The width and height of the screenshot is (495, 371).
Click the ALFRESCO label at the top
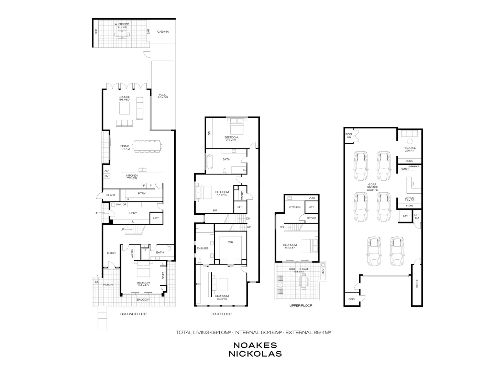[122, 24]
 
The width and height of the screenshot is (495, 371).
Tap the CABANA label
[163, 32]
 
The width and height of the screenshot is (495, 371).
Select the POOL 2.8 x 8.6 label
[163, 96]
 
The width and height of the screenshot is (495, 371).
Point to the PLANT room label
[111, 195]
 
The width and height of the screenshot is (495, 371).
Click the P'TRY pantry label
[142, 193]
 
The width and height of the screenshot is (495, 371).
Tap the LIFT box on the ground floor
[156, 218]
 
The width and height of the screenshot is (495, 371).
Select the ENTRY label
[111, 253]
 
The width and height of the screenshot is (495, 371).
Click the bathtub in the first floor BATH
[210, 161]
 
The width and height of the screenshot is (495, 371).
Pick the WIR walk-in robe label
[230, 242]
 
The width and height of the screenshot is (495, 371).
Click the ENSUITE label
[202, 248]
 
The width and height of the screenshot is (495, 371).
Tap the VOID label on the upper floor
[312, 198]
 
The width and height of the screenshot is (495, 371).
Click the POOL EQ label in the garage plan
[349, 135]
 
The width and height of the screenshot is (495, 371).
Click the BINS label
[351, 299]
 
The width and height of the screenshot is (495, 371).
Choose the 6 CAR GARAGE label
[372, 187]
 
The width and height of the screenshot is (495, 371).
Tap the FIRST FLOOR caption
[221, 314]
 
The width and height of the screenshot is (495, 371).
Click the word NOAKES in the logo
[255, 345]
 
